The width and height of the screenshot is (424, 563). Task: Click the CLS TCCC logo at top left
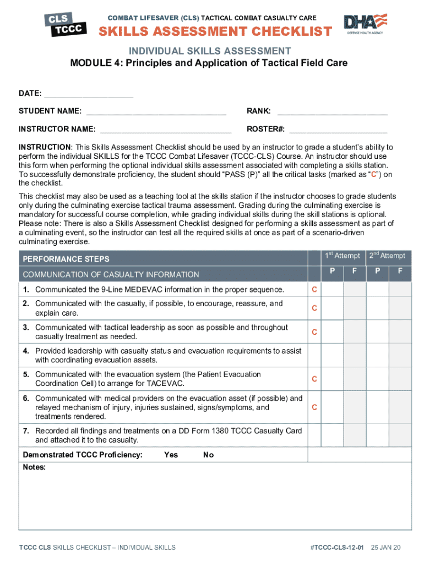(x=65, y=25)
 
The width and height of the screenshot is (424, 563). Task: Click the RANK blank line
(x=332, y=112)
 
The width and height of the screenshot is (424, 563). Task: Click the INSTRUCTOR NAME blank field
(x=166, y=130)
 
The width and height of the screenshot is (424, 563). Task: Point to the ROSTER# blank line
(x=338, y=130)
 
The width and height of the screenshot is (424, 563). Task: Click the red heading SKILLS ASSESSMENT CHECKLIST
(x=215, y=31)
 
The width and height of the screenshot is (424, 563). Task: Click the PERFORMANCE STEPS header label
(x=66, y=259)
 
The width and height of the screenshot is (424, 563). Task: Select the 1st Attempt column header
(x=343, y=256)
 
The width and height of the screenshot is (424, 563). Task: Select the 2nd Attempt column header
(x=388, y=256)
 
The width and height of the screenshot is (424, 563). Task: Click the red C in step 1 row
(x=314, y=290)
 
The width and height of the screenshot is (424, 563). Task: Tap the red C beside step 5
(x=314, y=379)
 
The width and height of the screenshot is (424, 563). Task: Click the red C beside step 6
(x=314, y=407)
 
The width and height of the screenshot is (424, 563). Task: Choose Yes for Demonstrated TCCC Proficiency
(x=171, y=455)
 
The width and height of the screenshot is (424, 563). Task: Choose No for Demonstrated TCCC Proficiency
(x=208, y=455)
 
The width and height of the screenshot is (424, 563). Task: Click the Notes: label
(x=34, y=467)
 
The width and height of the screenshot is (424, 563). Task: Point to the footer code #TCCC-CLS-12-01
(x=338, y=547)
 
